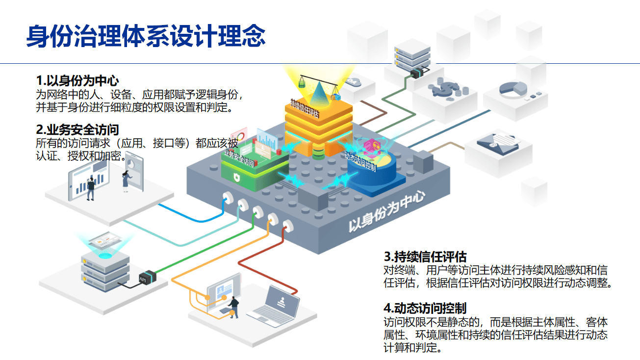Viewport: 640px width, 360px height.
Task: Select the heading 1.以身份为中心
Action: [x=77, y=80]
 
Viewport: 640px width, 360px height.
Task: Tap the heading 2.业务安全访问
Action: [x=77, y=130]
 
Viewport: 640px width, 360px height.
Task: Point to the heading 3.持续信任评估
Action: [x=425, y=257]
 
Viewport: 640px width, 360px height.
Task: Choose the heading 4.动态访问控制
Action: [x=425, y=308]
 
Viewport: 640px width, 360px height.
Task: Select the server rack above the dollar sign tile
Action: [x=411, y=56]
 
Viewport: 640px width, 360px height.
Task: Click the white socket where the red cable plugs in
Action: [x=287, y=225]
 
